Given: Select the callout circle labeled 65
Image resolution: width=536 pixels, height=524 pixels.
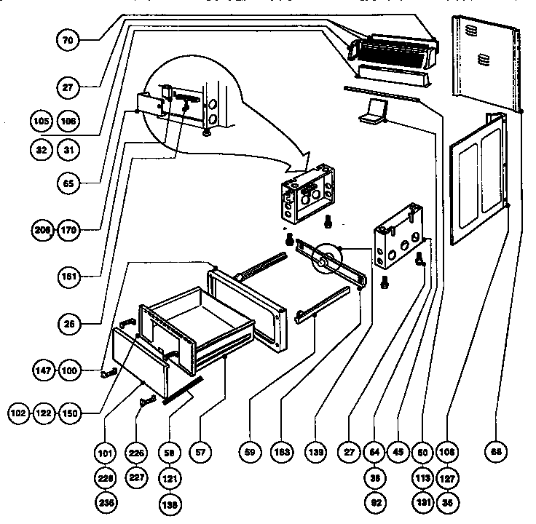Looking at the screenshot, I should point(67,183).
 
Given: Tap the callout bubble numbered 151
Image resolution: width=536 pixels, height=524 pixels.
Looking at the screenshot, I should point(67,277).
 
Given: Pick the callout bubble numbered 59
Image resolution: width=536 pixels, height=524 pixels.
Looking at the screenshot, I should point(250,452).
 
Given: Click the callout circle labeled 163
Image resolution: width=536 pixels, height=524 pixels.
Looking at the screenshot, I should point(283,452).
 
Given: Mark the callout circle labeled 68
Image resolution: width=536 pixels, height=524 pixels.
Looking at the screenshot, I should point(496,452).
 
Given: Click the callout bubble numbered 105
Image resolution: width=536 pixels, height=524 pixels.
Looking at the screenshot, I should point(42,119).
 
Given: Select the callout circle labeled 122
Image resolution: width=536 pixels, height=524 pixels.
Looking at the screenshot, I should point(44,413).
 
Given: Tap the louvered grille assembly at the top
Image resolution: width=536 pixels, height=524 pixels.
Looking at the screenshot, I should point(393,51).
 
